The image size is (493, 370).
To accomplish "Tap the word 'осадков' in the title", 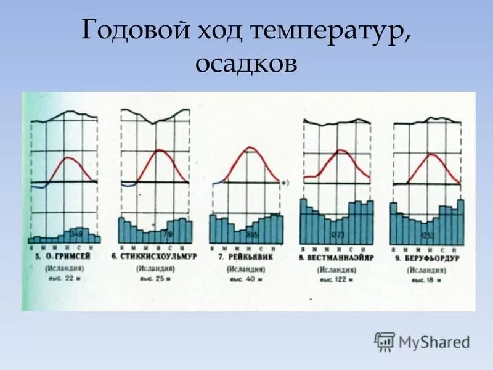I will pos(246,64).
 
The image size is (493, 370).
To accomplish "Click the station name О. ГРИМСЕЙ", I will pos(66,255).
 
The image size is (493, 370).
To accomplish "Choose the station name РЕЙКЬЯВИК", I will pos(249,256).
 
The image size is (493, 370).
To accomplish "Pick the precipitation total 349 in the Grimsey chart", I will pos(76,234).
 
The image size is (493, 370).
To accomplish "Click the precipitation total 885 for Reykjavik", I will pos(251,236).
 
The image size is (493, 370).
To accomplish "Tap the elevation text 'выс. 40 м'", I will pos(246,279).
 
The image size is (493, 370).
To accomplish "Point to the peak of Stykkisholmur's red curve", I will pos(159,150).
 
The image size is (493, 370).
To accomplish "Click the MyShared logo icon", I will pos(385,341).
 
